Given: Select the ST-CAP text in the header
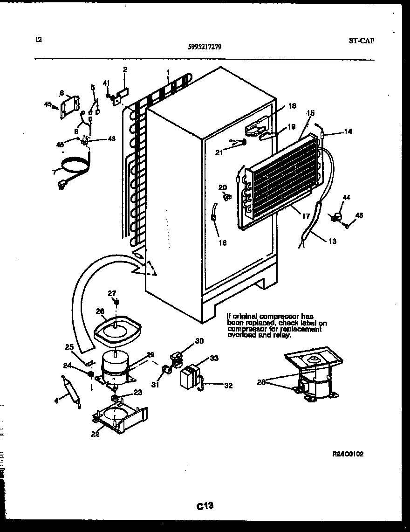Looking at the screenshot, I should click(x=362, y=40).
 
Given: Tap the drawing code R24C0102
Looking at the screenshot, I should click(x=348, y=454).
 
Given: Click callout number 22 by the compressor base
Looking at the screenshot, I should click(x=95, y=435).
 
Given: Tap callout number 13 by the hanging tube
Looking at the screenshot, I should click(x=332, y=241).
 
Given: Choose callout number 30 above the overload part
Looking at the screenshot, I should click(x=199, y=341).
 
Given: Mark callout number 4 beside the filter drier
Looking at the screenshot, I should click(x=56, y=400).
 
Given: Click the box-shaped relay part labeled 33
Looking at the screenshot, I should click(x=189, y=377).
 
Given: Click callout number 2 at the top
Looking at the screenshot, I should click(x=125, y=70).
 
